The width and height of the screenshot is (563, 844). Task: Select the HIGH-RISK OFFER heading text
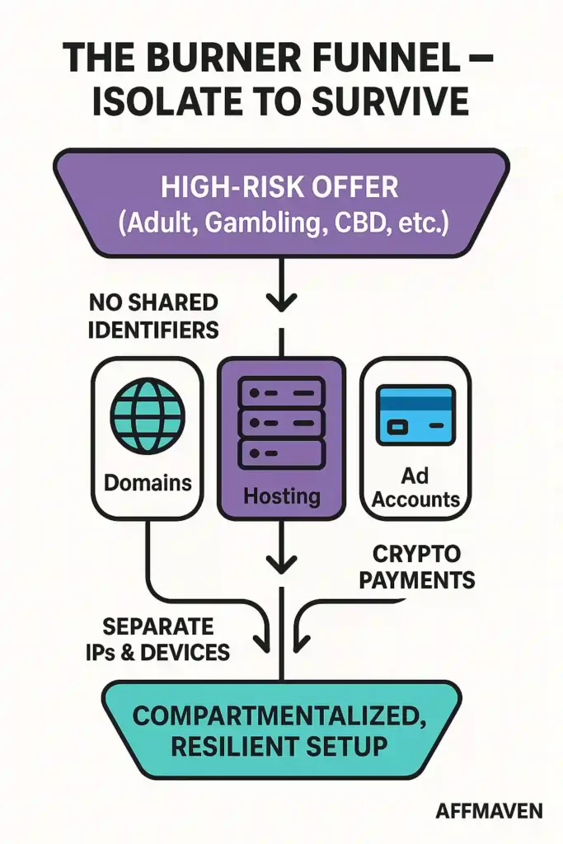point(280,188)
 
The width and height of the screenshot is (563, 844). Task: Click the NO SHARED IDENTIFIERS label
point(153,316)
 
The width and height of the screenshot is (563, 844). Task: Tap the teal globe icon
point(148,416)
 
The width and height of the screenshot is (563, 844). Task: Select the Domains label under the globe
point(148,482)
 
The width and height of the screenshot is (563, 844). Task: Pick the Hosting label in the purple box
point(280,495)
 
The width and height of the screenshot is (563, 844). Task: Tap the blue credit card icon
point(415,415)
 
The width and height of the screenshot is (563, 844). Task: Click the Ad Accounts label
point(415,487)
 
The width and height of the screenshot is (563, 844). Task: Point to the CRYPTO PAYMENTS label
point(420,567)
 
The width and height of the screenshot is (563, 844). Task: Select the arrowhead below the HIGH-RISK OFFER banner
point(281,302)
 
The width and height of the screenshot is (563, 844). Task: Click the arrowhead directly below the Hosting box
point(281,565)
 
